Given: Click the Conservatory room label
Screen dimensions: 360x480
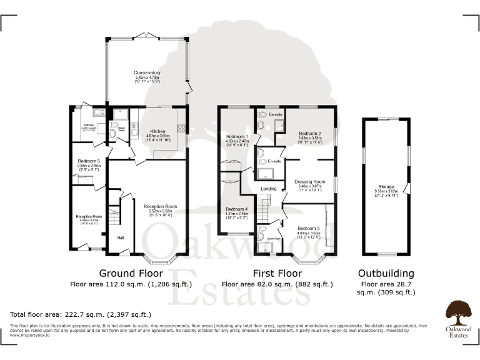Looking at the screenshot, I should [147, 72].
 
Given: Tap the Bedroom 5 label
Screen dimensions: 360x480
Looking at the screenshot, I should [85, 161].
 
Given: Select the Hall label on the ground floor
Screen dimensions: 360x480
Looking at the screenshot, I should [121, 237].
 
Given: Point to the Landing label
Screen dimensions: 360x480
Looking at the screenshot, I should [269, 189].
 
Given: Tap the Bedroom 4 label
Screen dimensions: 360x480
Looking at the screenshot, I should [237, 209].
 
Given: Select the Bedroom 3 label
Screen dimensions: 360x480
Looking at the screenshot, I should [309, 229].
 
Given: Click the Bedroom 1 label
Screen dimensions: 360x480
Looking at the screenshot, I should [237, 137].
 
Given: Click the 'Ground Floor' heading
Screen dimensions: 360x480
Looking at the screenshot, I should [131, 273].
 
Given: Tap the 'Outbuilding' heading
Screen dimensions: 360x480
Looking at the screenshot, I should [385, 273].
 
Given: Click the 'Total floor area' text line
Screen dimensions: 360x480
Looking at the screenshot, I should [81, 314].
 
